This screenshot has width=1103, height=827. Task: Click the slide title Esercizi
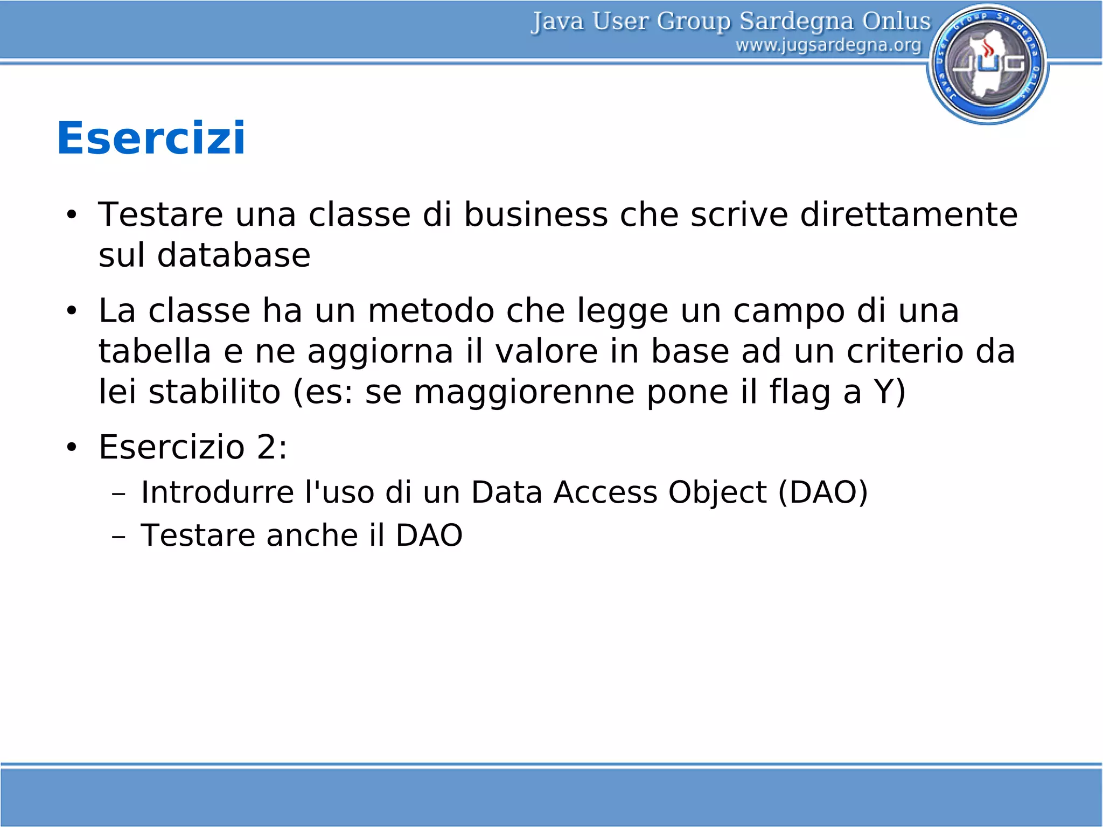click(151, 138)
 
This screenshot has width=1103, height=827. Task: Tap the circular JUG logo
click(988, 64)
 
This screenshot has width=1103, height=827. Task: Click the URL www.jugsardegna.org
click(828, 45)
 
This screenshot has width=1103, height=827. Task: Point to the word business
click(535, 214)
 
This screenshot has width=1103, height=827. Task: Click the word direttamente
click(909, 214)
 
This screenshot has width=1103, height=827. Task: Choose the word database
click(234, 255)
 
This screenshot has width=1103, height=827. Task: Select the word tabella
click(155, 351)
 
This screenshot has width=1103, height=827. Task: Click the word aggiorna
click(380, 351)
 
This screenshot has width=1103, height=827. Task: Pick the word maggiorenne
click(524, 392)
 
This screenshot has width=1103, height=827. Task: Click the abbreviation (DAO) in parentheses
click(823, 492)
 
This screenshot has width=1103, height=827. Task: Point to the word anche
click(312, 535)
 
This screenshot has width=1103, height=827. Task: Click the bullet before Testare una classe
click(72, 215)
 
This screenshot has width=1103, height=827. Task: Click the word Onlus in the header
click(896, 22)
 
